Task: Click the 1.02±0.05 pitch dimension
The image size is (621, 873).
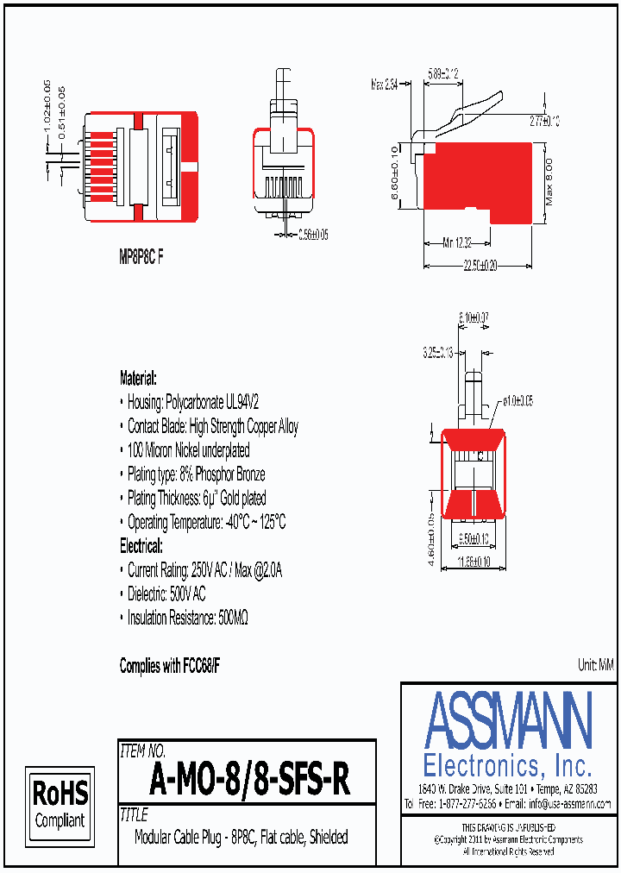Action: [47, 105]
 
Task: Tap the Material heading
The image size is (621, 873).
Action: [138, 378]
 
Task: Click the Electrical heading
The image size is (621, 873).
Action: [141, 546]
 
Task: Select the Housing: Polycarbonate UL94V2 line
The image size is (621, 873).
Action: [195, 402]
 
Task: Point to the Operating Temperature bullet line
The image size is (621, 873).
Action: [206, 522]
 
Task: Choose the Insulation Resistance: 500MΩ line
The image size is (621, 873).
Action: [188, 618]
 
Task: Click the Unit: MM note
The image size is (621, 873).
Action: [594, 664]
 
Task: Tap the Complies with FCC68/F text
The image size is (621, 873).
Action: [170, 665]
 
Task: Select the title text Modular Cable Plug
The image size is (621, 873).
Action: [241, 837]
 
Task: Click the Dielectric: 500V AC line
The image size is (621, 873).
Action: [166, 594]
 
